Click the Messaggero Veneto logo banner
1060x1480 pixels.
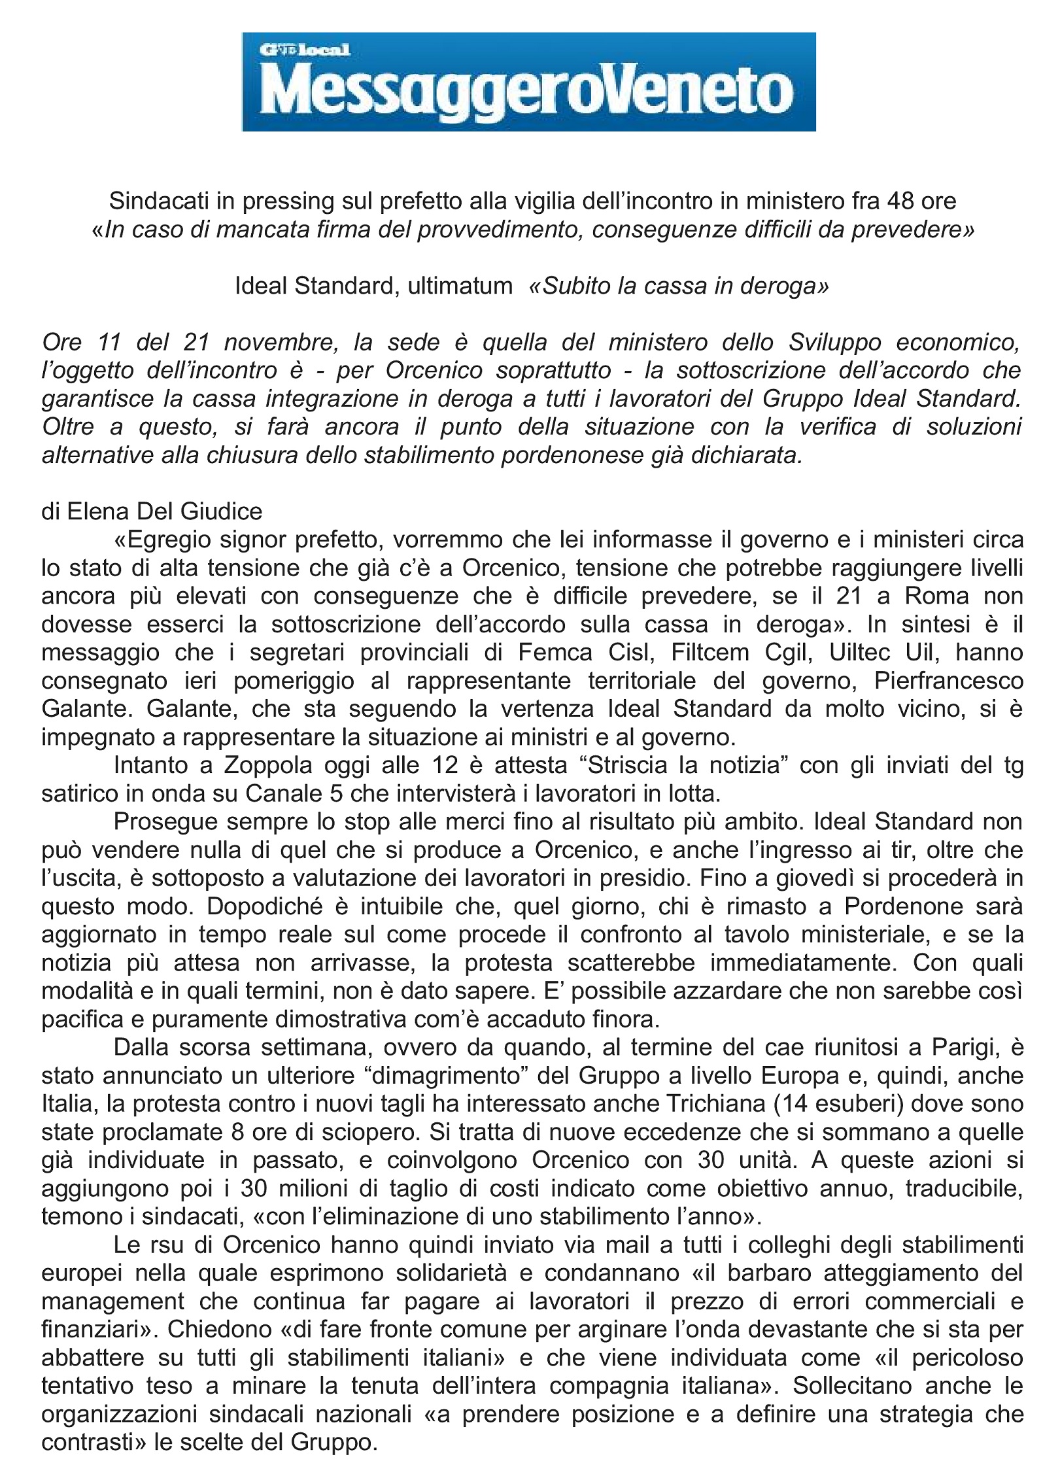528,82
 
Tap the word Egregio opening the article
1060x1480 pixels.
162,540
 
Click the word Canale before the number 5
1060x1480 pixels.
283,794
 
